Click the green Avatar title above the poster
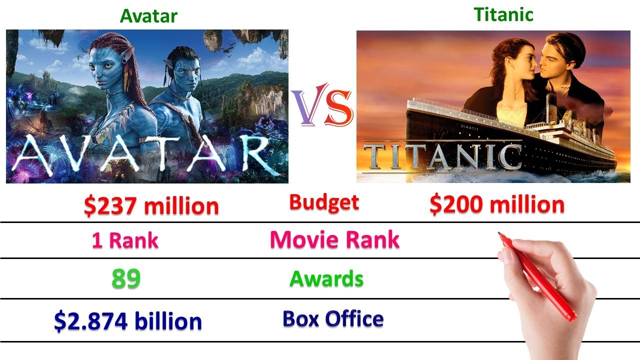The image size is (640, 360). pyautogui.click(x=148, y=15)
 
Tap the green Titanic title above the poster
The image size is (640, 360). pyautogui.click(x=503, y=14)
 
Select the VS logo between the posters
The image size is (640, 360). pyautogui.click(x=322, y=107)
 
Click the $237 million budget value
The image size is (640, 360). pyautogui.click(x=151, y=206)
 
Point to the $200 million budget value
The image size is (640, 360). pyautogui.click(x=497, y=204)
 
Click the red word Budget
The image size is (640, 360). pyautogui.click(x=324, y=202)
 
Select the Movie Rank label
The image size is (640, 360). pyautogui.click(x=334, y=239)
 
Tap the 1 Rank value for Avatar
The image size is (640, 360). pyautogui.click(x=124, y=240)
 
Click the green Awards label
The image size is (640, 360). pyautogui.click(x=326, y=278)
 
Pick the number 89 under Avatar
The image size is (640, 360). pyautogui.click(x=125, y=279)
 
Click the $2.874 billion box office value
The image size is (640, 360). pyautogui.click(x=128, y=321)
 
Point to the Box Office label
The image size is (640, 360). pyautogui.click(x=333, y=318)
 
